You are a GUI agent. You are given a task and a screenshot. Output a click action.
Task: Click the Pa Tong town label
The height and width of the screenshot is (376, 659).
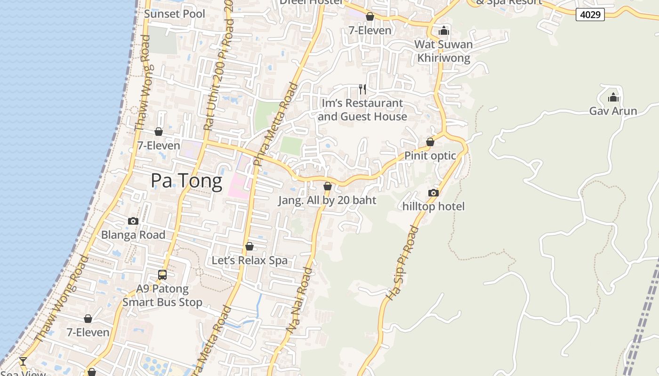pyautogui.click(x=186, y=181)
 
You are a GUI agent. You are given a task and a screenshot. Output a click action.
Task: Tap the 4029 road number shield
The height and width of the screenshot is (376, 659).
pyautogui.click(x=590, y=15)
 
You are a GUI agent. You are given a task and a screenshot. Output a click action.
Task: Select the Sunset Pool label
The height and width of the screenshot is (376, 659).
pyautogui.click(x=175, y=14)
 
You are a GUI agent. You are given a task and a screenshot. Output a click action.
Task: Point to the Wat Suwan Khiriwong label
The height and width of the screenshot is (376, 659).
pyautogui.click(x=443, y=51)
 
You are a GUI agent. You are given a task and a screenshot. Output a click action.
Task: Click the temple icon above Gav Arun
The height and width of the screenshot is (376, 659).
pyautogui.click(x=613, y=98)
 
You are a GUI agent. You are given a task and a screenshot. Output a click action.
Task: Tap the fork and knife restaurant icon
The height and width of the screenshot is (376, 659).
pyautogui.click(x=362, y=89)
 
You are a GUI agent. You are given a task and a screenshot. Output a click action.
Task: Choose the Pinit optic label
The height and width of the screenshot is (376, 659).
pyautogui.click(x=430, y=156)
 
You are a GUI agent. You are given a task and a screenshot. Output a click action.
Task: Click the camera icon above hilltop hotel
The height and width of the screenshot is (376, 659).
pyautogui.click(x=434, y=193)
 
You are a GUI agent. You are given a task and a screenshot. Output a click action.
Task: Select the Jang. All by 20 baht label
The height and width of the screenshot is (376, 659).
pyautogui.click(x=327, y=200)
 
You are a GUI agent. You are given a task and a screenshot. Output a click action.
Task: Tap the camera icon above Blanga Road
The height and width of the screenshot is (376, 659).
pyautogui.click(x=133, y=221)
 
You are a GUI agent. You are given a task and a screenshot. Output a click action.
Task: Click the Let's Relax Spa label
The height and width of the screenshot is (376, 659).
pyautogui.click(x=249, y=260)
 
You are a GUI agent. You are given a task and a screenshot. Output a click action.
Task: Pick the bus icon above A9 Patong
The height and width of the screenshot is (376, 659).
pyautogui.click(x=162, y=274)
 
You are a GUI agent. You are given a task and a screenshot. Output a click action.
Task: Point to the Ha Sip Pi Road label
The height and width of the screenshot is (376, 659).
pyautogui.click(x=402, y=263)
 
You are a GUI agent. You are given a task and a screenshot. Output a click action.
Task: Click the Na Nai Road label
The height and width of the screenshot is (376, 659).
pyautogui.click(x=299, y=301)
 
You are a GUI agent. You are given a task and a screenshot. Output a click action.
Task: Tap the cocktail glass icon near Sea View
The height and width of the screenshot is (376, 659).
pyautogui.click(x=23, y=361)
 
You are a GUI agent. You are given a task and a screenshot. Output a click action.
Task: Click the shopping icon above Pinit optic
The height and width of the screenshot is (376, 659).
pyautogui.click(x=430, y=142)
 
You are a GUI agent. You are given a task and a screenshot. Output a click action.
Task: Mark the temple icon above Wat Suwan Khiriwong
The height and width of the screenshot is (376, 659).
pyautogui.click(x=443, y=31)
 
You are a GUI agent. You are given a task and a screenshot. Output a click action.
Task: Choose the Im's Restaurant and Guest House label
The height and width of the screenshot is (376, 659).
pyautogui.click(x=362, y=110)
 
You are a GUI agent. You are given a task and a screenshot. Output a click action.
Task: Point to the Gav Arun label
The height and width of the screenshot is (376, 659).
pyautogui.click(x=613, y=111)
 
